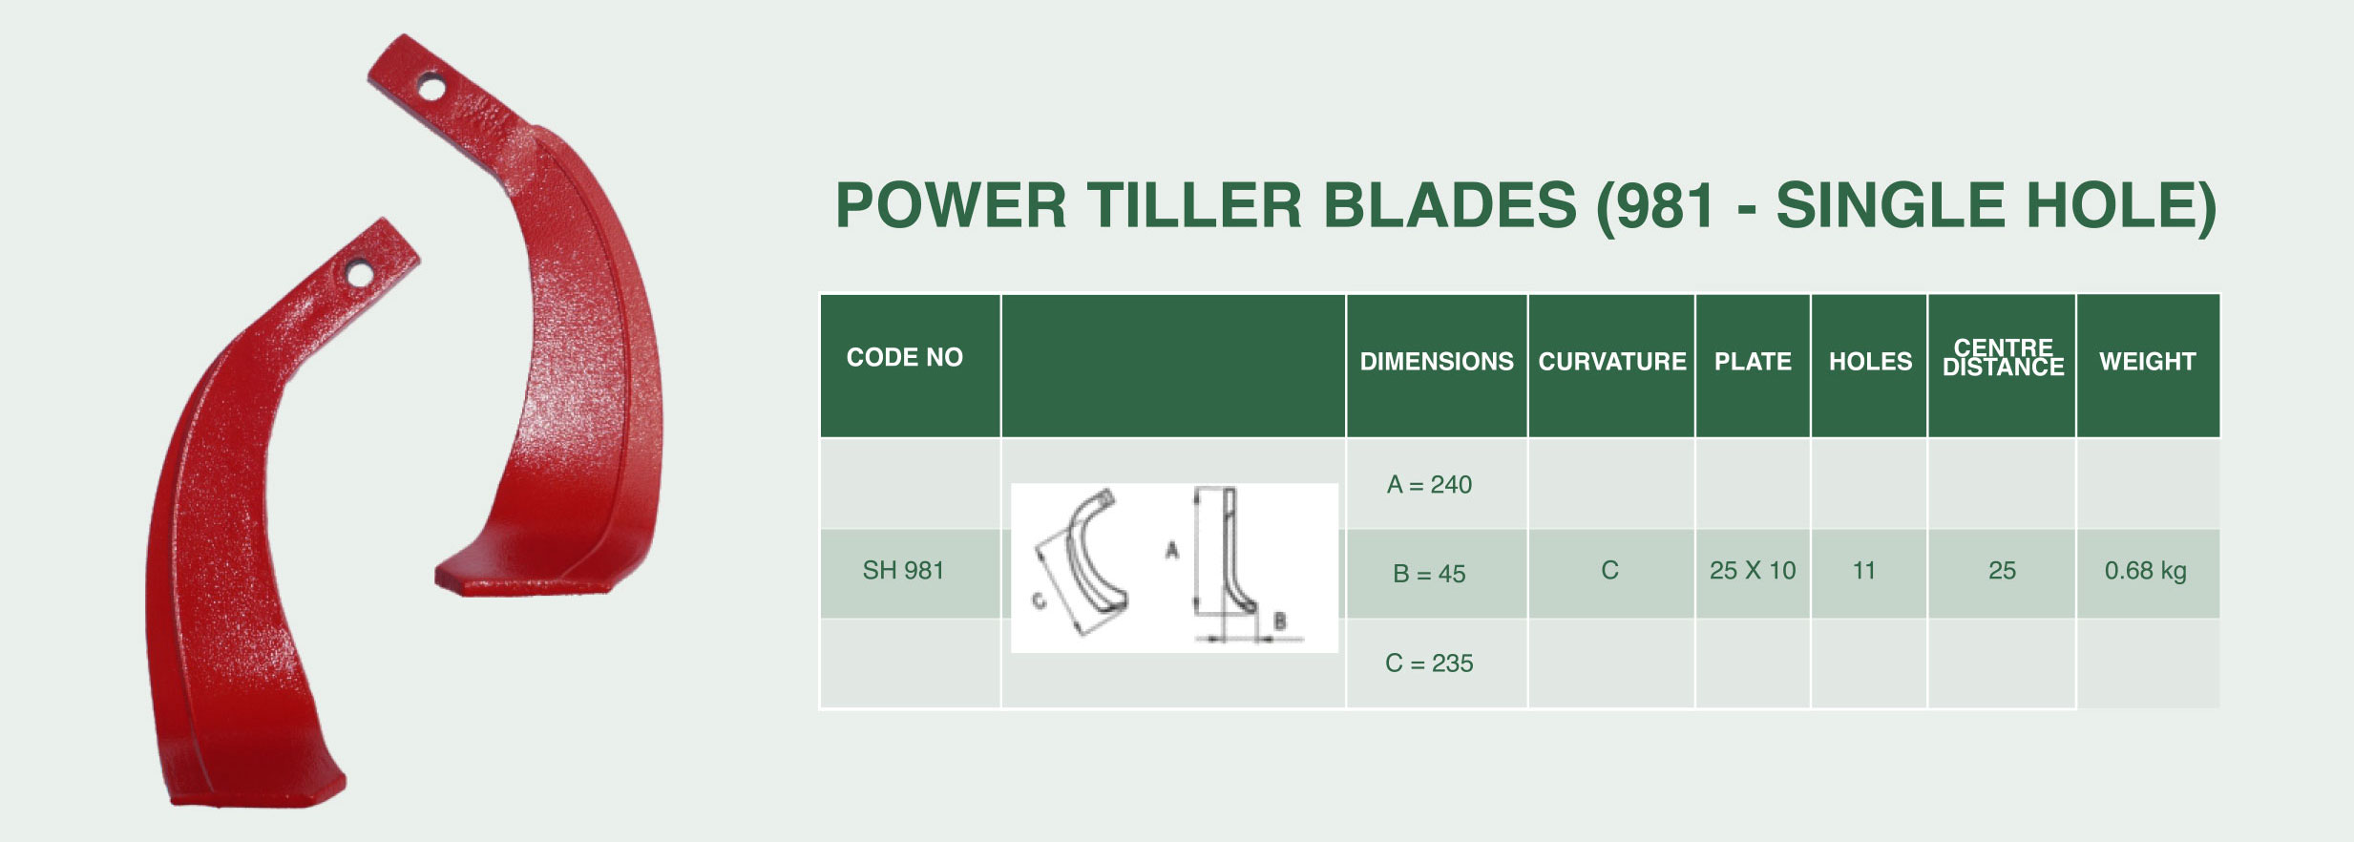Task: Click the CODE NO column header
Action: tap(904, 357)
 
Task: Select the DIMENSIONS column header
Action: tap(1437, 362)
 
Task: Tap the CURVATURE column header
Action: tap(1612, 362)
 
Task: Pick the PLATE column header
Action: tap(1753, 362)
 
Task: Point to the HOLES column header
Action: tap(1870, 362)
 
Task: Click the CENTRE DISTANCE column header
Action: tap(2003, 357)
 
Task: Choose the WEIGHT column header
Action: tap(2147, 362)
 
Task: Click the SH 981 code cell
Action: tap(903, 571)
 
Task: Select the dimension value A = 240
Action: tap(1429, 485)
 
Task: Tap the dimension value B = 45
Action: tap(1429, 574)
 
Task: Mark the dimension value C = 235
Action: tap(1429, 663)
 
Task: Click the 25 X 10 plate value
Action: tap(1753, 571)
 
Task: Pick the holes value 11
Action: tap(1864, 571)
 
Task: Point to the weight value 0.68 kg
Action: tap(2145, 571)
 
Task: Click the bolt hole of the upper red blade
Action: tap(431, 88)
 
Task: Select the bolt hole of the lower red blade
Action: tap(360, 274)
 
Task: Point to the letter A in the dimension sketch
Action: tap(1171, 550)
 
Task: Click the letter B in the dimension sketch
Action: tap(1280, 621)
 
